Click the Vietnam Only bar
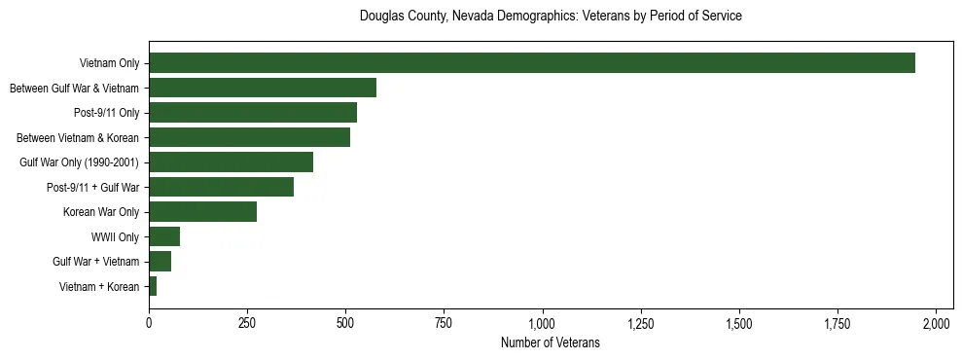pos(532,62)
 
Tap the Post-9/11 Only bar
pos(253,112)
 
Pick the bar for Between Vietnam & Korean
pos(249,137)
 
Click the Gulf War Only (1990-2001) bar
pos(231,162)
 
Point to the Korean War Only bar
pos(202,211)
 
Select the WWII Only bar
pos(164,236)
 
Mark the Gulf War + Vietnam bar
pos(160,261)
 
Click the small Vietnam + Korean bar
pos(153,286)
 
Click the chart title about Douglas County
pos(551,17)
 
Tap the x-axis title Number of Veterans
pos(551,343)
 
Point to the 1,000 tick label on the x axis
pos(542,323)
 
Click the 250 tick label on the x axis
pos(247,323)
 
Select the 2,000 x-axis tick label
pos(936,323)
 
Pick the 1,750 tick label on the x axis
pos(837,323)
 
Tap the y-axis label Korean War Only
pos(101,212)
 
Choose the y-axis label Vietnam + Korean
pos(99,286)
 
